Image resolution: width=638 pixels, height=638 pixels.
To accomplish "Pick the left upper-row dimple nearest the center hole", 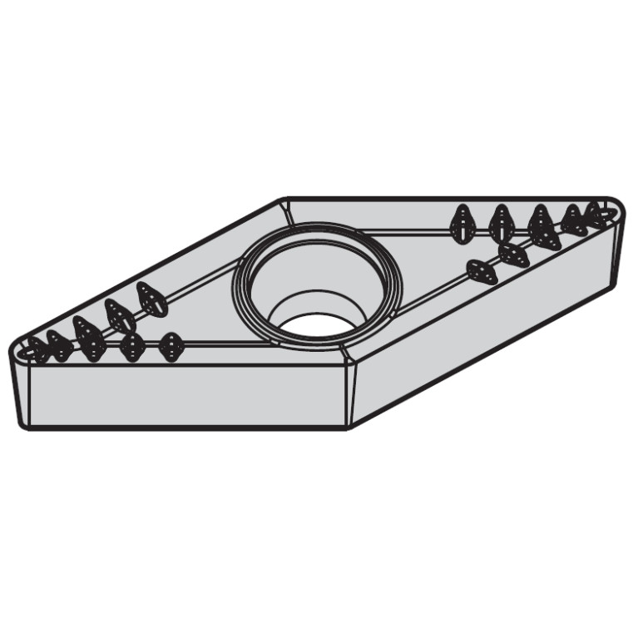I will pyautogui.click(x=151, y=299).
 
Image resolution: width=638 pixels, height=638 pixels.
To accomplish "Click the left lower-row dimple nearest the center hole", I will pyautogui.click(x=171, y=346).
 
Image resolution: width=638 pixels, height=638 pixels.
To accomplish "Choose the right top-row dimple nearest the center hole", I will pyautogui.click(x=462, y=223).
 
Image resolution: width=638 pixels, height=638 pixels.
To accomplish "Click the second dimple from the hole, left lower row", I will pyautogui.click(x=131, y=346).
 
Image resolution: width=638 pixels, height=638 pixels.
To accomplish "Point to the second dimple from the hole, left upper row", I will pyautogui.click(x=120, y=315).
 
